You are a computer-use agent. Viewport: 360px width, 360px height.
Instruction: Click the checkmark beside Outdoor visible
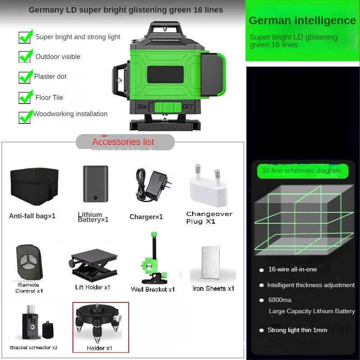click(x=25, y=56)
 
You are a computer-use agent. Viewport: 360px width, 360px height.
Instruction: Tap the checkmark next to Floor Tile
click(x=25, y=97)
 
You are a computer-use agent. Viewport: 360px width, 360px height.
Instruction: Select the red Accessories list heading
click(x=123, y=142)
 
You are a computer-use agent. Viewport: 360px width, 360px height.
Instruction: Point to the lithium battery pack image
click(x=95, y=184)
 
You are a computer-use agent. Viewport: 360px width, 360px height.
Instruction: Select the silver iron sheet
click(x=211, y=263)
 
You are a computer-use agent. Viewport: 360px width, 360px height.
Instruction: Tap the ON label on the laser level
click(x=143, y=107)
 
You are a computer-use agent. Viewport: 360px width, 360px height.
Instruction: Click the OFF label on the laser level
click(x=188, y=107)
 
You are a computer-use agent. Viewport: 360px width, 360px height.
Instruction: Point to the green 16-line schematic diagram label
click(x=301, y=171)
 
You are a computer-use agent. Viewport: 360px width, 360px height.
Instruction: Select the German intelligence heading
click(x=302, y=20)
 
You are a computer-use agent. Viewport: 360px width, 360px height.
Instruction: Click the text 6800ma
click(x=280, y=300)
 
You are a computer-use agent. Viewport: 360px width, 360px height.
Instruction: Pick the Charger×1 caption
click(x=146, y=217)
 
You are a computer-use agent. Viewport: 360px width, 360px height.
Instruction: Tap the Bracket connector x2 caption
click(x=34, y=347)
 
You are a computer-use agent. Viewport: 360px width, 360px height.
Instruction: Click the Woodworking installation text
click(x=71, y=114)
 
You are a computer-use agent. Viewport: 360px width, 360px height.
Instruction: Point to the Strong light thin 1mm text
click(x=297, y=330)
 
